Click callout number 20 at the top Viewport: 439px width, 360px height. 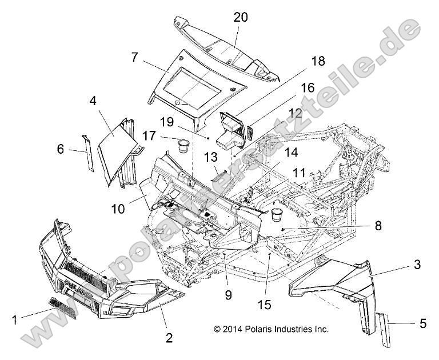[x=240, y=17]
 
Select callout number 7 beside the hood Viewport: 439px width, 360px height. [x=135, y=58]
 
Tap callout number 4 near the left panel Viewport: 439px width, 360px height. [x=93, y=101]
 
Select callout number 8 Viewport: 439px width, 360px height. [x=344, y=226]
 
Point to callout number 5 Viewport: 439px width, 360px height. [x=423, y=323]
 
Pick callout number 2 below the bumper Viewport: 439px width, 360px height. [x=169, y=337]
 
